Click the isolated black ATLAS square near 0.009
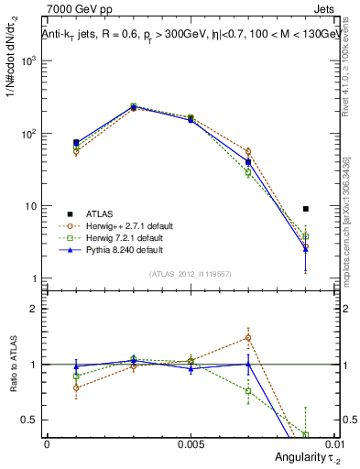[306, 209]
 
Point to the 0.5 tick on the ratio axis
[32, 420]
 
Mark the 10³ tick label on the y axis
[30, 60]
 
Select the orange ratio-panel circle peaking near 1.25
[248, 337]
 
